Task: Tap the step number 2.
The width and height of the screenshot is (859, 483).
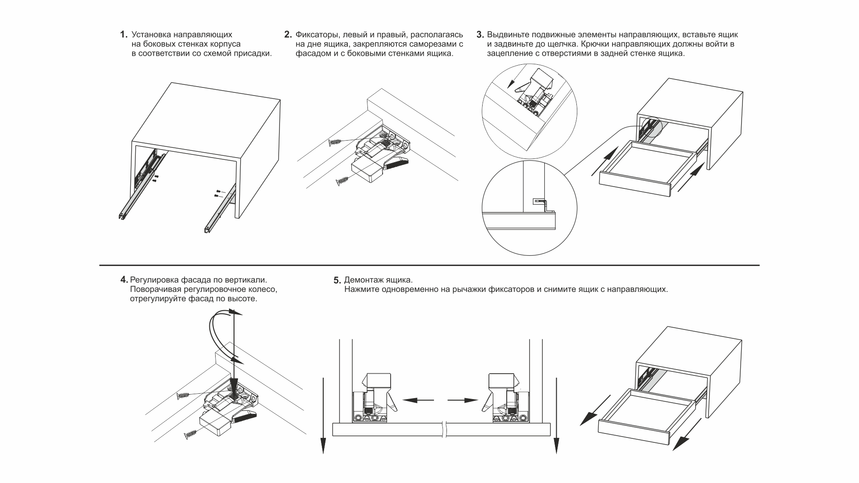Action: tap(288, 34)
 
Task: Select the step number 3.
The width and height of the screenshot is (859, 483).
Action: tap(480, 34)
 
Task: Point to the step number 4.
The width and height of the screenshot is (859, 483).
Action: tap(124, 280)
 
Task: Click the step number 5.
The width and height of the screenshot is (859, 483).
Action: tap(337, 280)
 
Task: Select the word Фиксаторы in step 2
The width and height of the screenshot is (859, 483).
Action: tap(315, 34)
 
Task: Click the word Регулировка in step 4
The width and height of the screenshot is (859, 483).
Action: tap(154, 280)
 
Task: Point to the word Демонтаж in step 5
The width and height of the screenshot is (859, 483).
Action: tap(361, 280)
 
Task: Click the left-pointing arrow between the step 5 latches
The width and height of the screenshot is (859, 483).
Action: tap(417, 400)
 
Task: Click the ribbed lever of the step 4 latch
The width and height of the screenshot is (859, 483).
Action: tap(244, 418)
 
